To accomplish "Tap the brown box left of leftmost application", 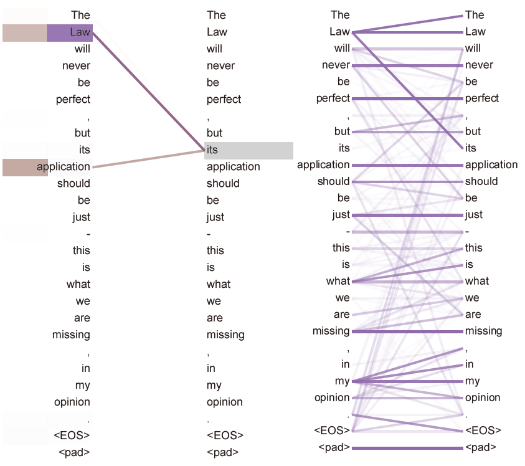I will point(25,167).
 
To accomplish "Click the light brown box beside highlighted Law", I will point(25,32).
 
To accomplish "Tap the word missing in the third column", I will point(331,331).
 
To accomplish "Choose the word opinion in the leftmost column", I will point(72,402).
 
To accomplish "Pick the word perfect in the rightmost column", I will point(482,98).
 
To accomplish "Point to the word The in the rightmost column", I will point(475,15).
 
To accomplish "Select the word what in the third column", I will point(338,281).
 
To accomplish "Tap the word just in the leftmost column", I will point(81,217).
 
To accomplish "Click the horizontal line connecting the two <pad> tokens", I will point(407,448).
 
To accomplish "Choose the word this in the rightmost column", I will point(474,248).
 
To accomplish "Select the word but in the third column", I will point(342,131).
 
